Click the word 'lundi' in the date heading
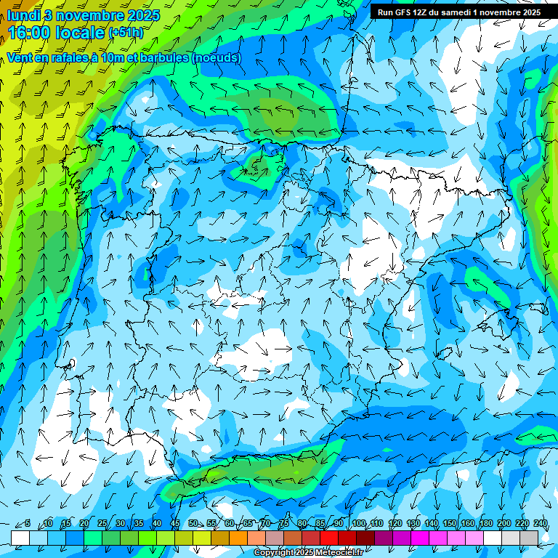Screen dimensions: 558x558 point(23,15)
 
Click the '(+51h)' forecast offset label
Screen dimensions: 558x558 point(126,33)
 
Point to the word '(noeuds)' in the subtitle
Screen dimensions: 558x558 point(216,57)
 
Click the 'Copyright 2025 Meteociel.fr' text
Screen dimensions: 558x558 point(308,553)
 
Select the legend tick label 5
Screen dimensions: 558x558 point(28,523)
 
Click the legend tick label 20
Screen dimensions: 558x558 point(84,523)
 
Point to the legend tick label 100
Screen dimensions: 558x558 point(358,523)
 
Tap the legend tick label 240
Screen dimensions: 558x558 point(540,523)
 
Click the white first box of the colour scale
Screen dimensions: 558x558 point(20,538)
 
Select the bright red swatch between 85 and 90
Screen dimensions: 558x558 point(329,538)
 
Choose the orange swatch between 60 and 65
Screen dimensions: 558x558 point(238,538)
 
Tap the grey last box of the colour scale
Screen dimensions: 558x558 point(529,538)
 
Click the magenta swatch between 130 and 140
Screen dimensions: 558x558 point(420,538)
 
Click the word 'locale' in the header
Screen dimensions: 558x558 point(79,33)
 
